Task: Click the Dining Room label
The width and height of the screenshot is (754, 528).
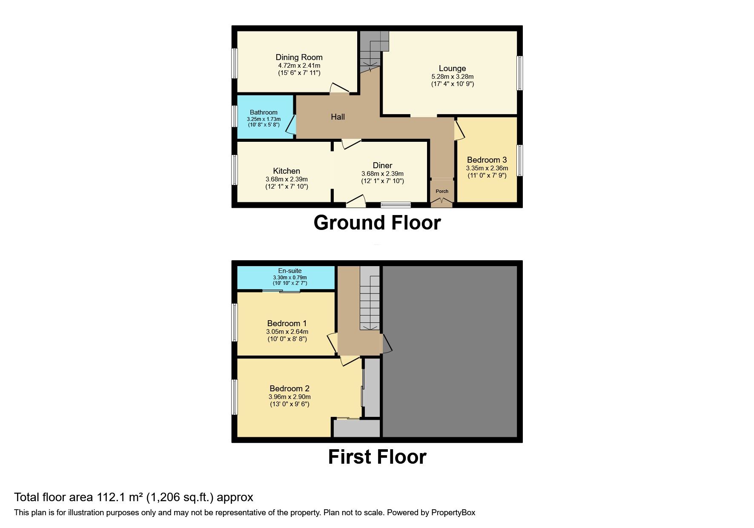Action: tap(299, 57)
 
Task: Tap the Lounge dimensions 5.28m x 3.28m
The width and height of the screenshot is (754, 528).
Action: tap(452, 77)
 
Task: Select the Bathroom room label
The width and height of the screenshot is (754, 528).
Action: tap(264, 112)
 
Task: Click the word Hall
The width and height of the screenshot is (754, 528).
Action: tap(338, 117)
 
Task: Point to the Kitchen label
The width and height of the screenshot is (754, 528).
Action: tap(287, 171)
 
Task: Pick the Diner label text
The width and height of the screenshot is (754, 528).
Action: tap(382, 166)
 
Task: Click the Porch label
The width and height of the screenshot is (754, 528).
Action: tap(442, 191)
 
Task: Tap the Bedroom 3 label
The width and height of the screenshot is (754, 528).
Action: tap(487, 160)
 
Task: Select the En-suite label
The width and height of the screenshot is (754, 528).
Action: tap(290, 271)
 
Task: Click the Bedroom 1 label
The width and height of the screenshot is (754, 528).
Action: tap(287, 324)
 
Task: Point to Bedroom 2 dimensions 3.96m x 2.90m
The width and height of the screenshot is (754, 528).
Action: tap(290, 397)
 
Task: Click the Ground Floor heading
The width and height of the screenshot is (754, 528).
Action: tap(377, 223)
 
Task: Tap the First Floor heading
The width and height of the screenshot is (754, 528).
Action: tap(377, 457)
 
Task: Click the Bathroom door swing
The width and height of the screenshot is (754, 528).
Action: tap(290, 126)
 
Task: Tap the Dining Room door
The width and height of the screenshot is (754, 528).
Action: tap(340, 88)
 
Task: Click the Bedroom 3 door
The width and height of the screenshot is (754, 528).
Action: tap(459, 129)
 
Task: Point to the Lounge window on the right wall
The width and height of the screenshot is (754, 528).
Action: tap(520, 73)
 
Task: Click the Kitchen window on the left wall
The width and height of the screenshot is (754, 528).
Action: tap(234, 170)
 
